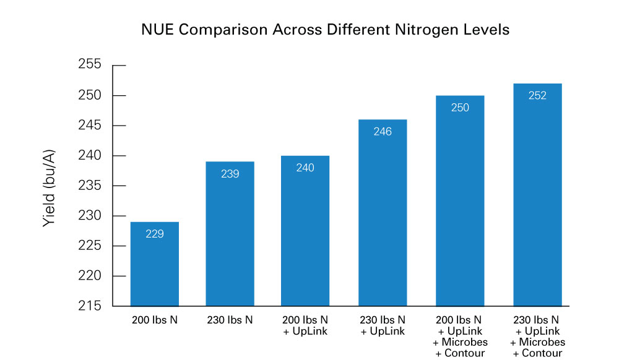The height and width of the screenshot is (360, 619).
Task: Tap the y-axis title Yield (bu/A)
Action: (x=49, y=188)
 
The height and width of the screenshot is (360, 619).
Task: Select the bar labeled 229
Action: (x=155, y=264)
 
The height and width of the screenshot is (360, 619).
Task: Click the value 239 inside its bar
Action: (x=230, y=174)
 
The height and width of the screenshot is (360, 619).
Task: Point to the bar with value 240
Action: (x=305, y=231)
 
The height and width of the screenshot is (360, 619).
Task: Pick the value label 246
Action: (x=383, y=132)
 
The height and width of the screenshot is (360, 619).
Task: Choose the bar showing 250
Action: (x=460, y=200)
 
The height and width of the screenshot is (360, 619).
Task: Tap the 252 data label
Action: (x=537, y=95)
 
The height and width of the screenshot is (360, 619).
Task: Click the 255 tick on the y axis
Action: (x=90, y=64)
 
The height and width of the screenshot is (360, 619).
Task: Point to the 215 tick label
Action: (x=90, y=306)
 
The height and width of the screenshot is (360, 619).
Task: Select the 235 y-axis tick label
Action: (x=90, y=186)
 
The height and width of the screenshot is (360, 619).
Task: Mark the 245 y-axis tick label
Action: (x=90, y=125)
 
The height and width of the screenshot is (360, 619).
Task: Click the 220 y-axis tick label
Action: (x=90, y=275)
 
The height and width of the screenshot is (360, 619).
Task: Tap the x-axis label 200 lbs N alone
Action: (x=155, y=320)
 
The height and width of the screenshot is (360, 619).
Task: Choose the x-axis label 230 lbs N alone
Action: (x=230, y=320)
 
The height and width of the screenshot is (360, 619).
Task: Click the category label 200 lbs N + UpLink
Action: (x=305, y=325)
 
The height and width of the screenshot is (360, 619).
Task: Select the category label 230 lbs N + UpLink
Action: (x=383, y=325)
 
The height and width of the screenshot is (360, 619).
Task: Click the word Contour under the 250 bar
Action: (x=465, y=353)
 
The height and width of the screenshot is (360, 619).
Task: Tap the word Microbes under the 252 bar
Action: (x=542, y=342)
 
